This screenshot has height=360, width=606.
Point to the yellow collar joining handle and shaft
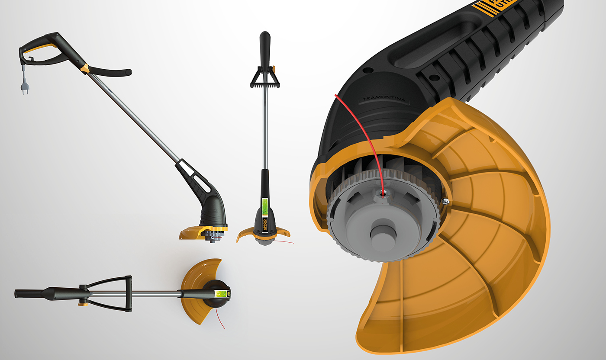[85, 68]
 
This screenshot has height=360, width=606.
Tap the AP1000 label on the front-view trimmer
[266, 224]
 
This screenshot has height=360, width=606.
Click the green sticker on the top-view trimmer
[221, 293]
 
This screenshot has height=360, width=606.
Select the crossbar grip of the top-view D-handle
[129, 293]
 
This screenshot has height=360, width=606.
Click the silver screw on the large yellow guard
[445, 200]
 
